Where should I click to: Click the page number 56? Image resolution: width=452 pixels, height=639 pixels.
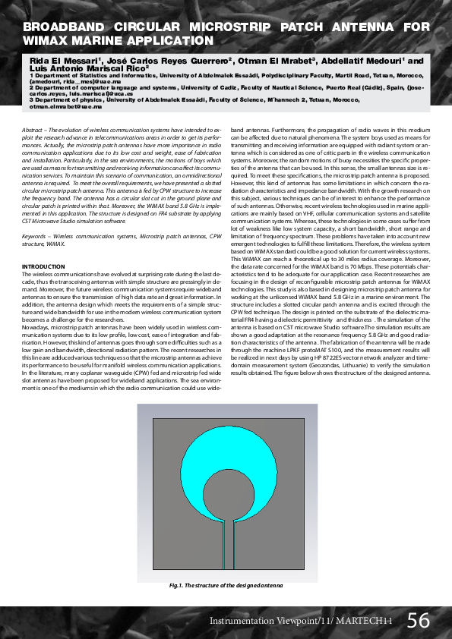(418, 620)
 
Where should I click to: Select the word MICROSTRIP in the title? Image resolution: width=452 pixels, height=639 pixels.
(233, 26)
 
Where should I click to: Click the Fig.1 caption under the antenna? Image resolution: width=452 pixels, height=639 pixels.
(226, 587)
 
